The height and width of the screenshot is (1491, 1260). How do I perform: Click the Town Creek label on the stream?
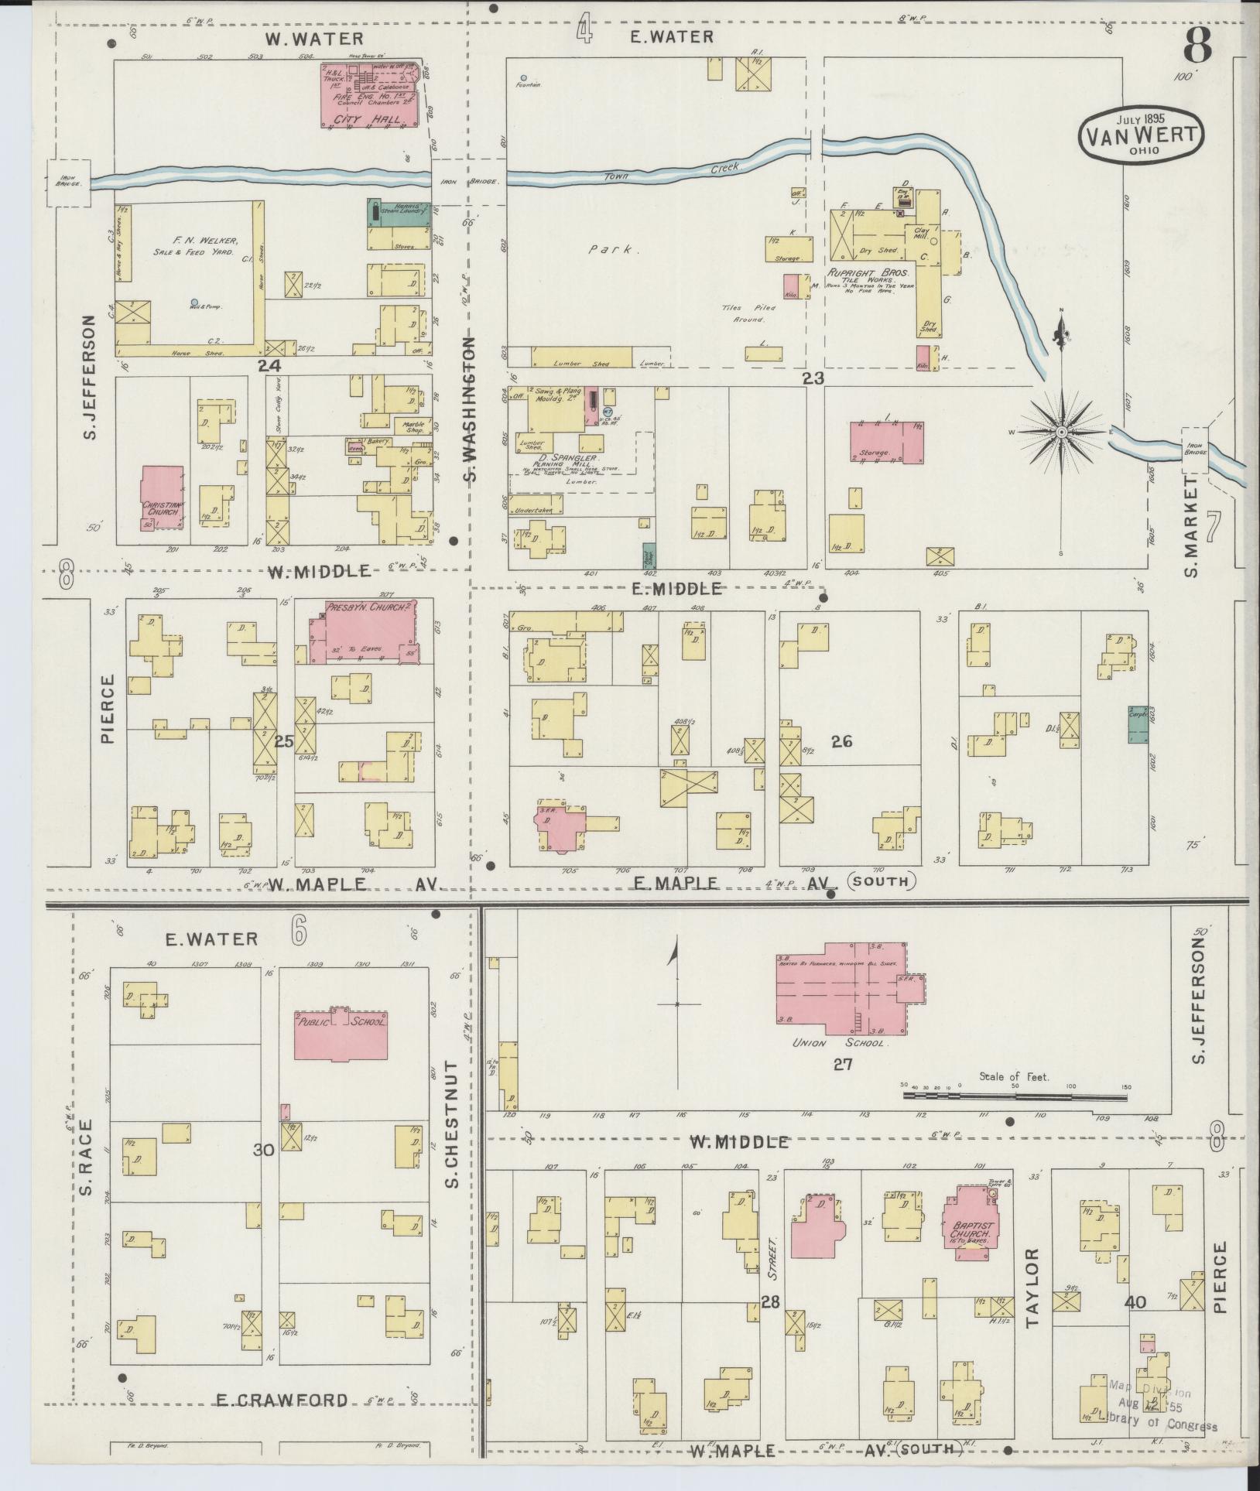click(682, 173)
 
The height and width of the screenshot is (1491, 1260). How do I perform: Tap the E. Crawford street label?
click(282, 1400)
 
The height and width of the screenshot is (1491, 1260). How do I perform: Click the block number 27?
click(842, 1064)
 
